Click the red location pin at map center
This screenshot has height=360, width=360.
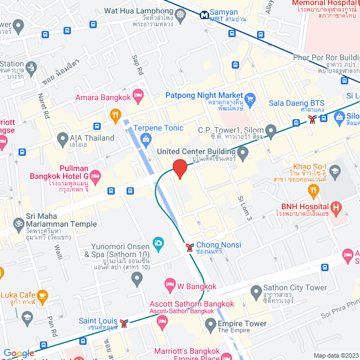pos(179,169)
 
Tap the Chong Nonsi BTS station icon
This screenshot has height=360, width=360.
pos(190,246)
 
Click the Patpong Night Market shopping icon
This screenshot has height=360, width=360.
pos(250,100)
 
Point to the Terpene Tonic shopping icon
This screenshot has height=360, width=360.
pos(146,138)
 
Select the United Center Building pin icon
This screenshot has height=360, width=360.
pos(243,152)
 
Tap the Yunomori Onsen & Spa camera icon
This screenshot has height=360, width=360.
pos(159,244)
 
